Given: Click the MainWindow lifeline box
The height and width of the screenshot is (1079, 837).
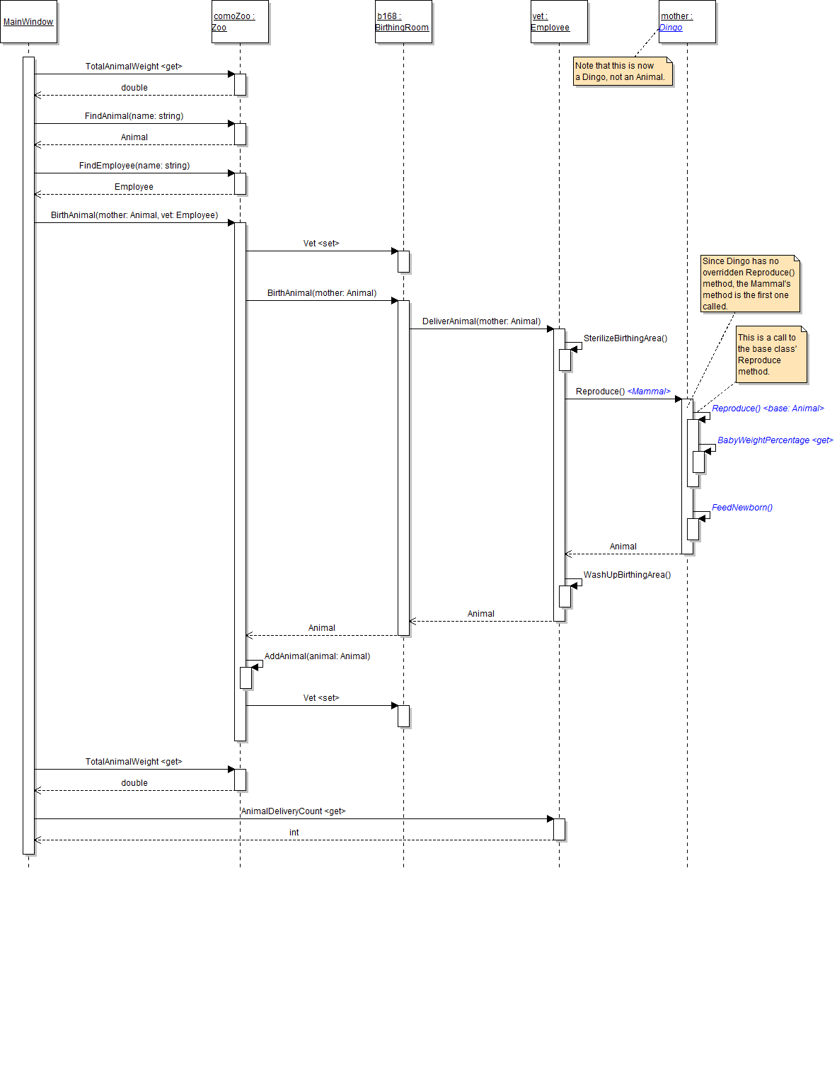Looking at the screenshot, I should click(28, 22).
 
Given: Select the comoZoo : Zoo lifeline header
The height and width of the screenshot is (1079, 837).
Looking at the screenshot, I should click(240, 22).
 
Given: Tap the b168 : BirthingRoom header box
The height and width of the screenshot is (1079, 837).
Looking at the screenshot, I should click(403, 22).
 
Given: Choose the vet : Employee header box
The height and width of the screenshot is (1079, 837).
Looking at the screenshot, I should click(559, 22).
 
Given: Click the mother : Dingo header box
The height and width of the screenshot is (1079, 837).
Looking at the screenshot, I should click(687, 22).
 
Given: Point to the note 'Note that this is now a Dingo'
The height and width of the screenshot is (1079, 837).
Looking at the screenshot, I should click(622, 72).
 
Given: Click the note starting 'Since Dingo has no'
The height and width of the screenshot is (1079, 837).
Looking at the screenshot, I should click(750, 283).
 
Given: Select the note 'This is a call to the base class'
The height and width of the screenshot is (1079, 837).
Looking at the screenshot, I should click(770, 355).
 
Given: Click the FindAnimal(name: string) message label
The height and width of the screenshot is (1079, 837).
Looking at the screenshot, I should click(134, 116).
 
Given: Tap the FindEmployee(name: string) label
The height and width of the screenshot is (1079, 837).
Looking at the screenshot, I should click(134, 166).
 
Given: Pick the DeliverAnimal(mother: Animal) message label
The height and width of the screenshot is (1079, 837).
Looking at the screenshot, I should click(481, 321).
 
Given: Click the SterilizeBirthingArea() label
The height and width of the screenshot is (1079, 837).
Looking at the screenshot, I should click(625, 338).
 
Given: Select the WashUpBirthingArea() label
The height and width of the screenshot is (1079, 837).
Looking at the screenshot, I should click(627, 575).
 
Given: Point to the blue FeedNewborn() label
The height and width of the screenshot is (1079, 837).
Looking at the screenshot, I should click(742, 508).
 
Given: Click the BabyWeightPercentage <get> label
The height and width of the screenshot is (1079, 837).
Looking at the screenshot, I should click(775, 440).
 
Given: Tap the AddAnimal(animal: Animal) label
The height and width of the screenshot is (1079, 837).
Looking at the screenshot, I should click(317, 656).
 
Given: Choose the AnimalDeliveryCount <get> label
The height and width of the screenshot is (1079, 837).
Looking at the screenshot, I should click(293, 811).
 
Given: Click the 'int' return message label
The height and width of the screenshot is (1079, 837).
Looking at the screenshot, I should click(294, 833).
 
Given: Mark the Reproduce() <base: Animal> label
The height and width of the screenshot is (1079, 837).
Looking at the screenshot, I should click(768, 409).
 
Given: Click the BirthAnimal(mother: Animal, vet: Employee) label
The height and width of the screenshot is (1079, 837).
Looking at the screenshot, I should click(134, 215).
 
